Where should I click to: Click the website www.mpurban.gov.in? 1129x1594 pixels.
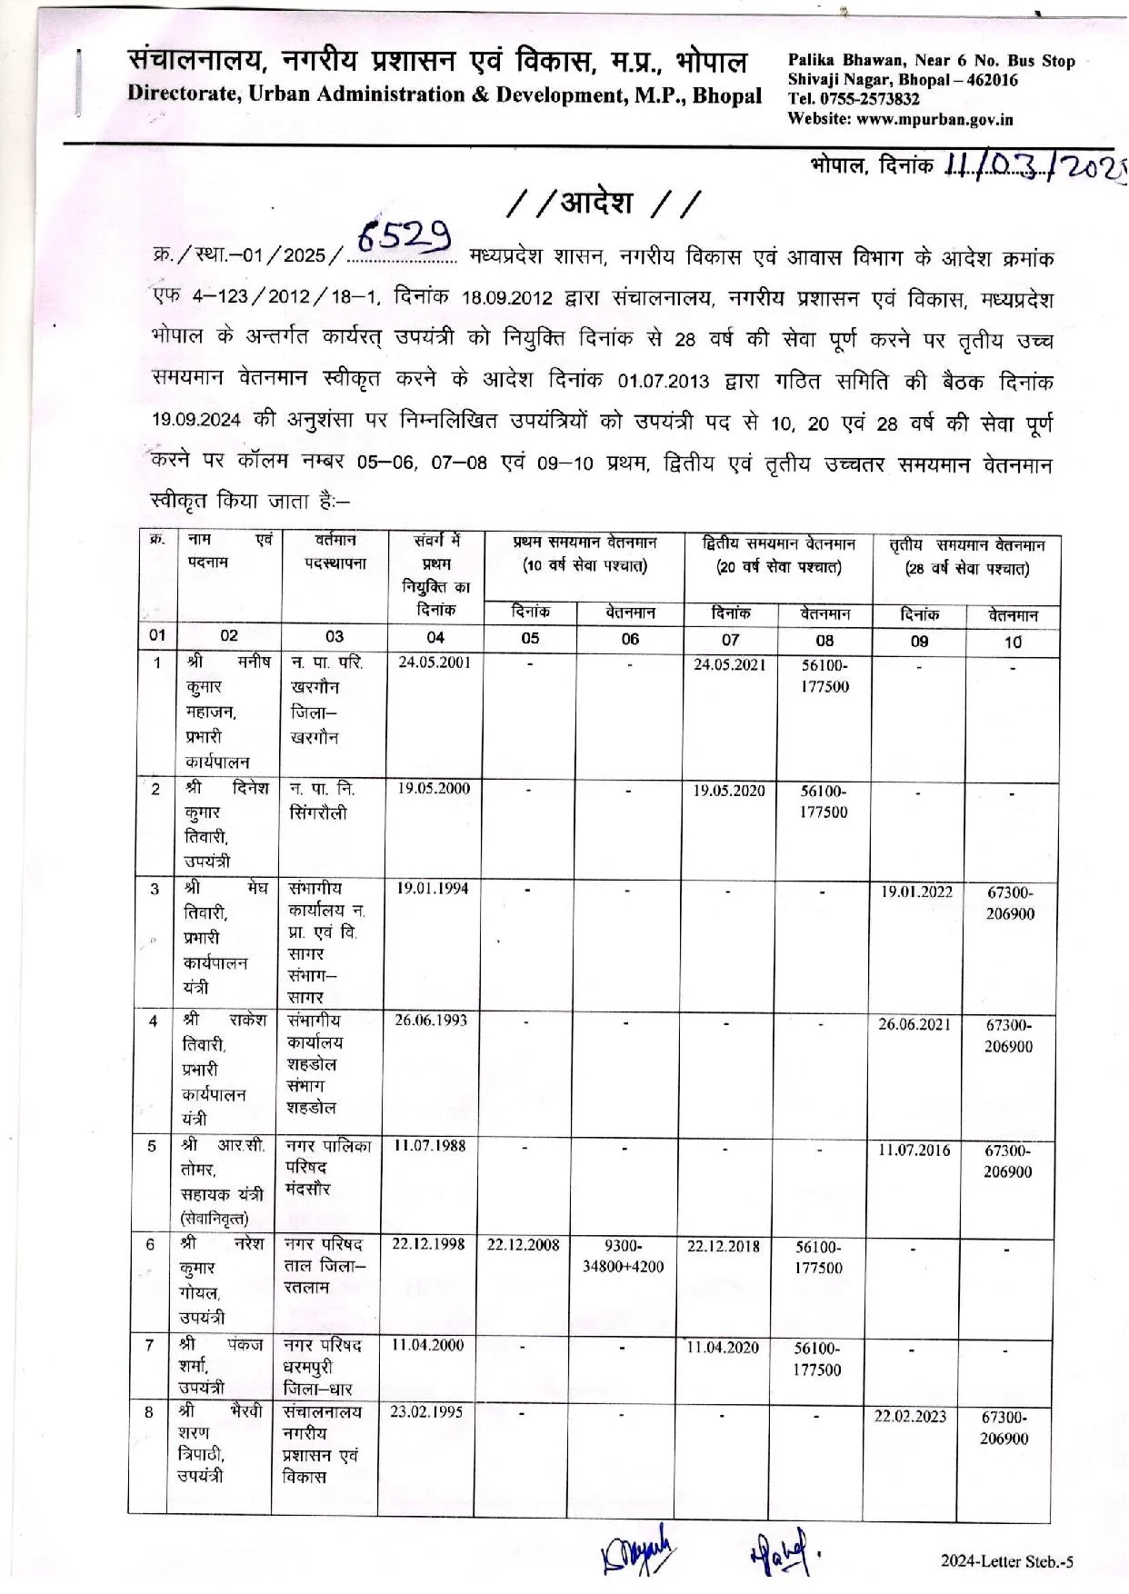[x=935, y=119]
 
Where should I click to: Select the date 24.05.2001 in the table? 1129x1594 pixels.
[x=435, y=663]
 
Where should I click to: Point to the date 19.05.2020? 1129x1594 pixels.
[x=729, y=790]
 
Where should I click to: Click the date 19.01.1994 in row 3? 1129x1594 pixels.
[x=433, y=888]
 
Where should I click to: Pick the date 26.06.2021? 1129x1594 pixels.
[x=914, y=1024]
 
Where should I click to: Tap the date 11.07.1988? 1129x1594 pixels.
[x=429, y=1145]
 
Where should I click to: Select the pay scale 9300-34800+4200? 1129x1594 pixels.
[x=623, y=1256]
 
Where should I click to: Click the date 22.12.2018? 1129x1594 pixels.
[x=724, y=1246]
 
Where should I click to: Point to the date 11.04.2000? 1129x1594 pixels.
[x=427, y=1345]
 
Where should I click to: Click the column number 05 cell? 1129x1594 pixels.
[x=530, y=638]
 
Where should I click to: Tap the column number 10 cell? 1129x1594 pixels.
[x=1013, y=642]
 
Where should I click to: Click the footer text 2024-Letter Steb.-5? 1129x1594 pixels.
[x=1007, y=1561]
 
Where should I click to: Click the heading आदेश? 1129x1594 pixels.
[x=596, y=203]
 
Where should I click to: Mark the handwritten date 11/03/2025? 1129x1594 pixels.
[x=1032, y=166]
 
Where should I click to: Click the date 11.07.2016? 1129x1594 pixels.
[x=914, y=1150]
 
